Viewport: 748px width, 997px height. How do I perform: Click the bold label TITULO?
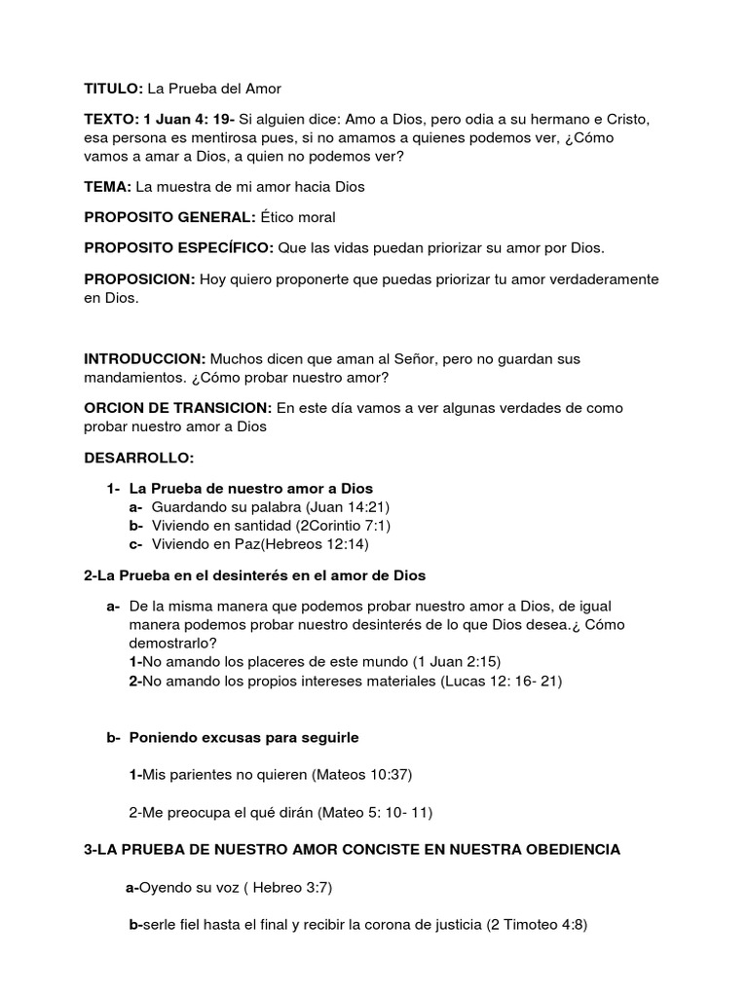tap(114, 89)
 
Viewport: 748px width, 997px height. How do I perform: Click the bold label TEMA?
tap(107, 186)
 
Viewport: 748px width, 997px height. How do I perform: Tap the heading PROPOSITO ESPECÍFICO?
tap(178, 248)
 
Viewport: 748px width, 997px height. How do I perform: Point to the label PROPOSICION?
tap(139, 279)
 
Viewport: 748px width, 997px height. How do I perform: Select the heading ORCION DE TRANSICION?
tap(178, 407)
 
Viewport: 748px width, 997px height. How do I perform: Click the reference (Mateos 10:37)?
tap(362, 775)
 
